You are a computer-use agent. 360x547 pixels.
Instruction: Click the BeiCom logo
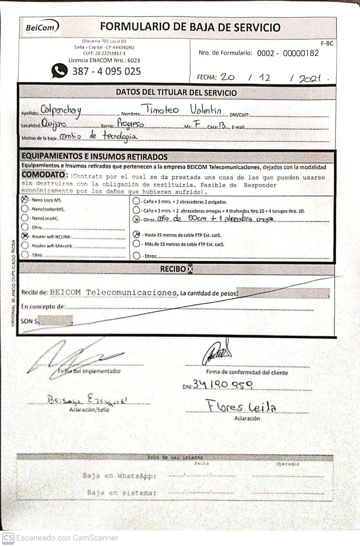[42, 27]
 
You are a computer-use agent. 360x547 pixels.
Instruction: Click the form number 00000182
[294, 54]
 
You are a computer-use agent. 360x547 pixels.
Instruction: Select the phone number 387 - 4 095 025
[107, 71]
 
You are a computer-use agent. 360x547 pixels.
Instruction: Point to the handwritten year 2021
[309, 79]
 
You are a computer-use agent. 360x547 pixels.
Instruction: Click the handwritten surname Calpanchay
[61, 111]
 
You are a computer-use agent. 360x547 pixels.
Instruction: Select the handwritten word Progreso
[130, 124]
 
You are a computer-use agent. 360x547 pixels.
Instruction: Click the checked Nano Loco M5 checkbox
[25, 200]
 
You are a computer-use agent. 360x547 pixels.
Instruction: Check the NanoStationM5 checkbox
[25, 209]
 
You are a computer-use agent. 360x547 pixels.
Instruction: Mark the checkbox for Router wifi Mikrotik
[25, 246]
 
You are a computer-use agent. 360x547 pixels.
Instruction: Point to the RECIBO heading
[173, 270]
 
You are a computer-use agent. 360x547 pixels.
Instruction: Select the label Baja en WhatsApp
[119, 476]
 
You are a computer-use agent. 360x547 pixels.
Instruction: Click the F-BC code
[326, 43]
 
